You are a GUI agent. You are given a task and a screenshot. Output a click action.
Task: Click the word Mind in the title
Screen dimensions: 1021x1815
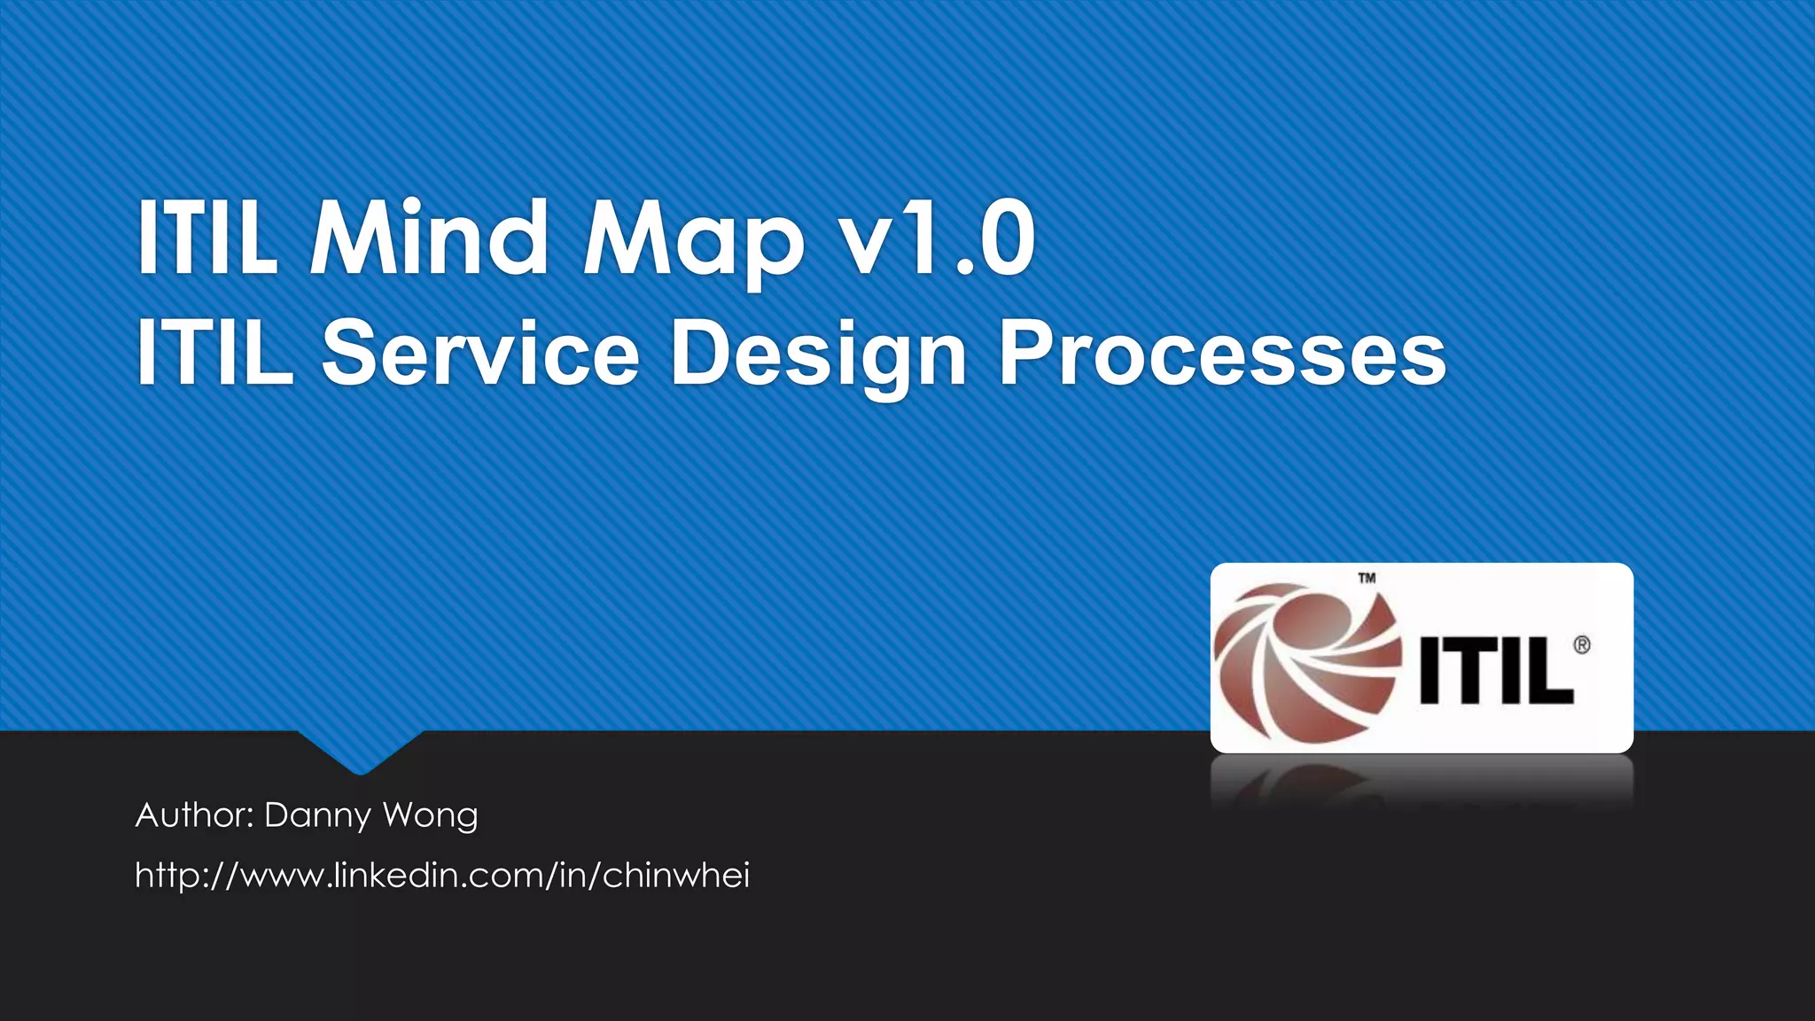[x=429, y=237]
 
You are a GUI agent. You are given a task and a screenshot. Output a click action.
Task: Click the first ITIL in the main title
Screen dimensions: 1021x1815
[x=206, y=237]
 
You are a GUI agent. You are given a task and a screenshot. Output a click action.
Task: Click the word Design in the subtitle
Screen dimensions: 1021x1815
[x=818, y=355]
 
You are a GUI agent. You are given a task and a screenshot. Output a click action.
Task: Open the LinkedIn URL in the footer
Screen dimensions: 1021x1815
[x=442, y=876]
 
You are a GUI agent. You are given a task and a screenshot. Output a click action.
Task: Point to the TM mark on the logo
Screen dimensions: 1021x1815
[x=1367, y=579]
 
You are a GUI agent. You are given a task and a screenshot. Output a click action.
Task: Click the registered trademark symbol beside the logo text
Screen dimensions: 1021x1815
[x=1582, y=645]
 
